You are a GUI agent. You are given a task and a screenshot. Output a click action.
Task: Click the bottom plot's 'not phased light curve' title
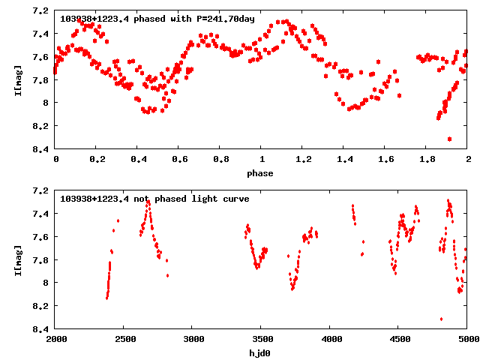click(154, 199)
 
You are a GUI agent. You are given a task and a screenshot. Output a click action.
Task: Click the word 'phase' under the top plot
click(261, 173)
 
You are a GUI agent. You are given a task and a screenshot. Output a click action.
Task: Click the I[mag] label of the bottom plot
click(18, 259)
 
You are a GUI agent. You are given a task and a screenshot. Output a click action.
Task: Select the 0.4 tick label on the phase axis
click(138, 160)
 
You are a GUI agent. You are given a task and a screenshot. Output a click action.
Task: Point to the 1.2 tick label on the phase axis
click(303, 160)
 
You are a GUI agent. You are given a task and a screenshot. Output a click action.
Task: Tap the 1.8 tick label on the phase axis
click(427, 160)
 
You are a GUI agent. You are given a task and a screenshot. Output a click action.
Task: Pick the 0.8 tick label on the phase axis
click(220, 160)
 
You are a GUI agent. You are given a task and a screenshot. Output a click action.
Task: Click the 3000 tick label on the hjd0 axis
click(193, 339)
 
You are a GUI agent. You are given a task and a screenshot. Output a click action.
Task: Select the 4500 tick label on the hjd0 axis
click(399, 339)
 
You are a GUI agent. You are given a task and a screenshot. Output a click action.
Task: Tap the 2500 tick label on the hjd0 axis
click(124, 339)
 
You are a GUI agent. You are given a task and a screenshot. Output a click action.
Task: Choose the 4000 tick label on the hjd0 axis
click(330, 339)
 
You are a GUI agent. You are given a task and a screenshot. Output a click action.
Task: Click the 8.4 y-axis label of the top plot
click(41, 148)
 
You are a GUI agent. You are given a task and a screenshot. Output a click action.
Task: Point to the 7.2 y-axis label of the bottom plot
click(41, 190)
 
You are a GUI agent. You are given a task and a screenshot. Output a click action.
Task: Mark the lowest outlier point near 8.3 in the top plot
click(449, 139)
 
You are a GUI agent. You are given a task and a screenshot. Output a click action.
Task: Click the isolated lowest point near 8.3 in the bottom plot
click(441, 319)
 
